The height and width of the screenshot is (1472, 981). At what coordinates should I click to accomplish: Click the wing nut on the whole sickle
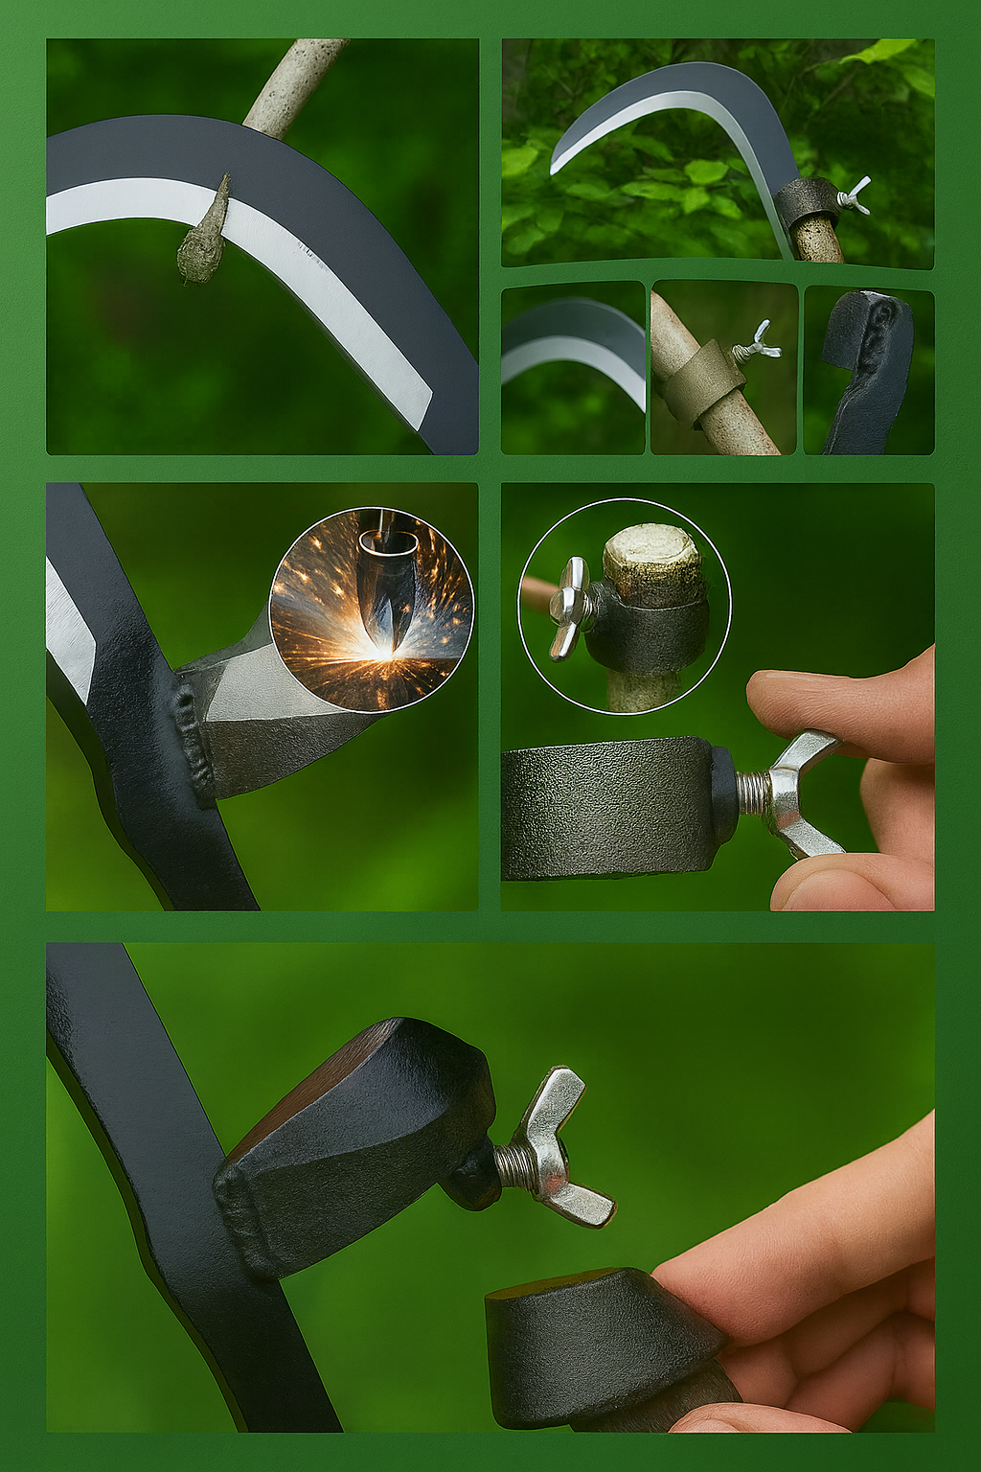[x=855, y=195]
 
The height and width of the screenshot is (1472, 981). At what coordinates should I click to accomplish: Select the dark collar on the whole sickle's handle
[x=808, y=201]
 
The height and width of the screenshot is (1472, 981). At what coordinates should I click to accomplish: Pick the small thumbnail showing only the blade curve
[x=573, y=368]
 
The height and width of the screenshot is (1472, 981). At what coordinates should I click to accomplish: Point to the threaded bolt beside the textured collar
[x=752, y=794]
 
